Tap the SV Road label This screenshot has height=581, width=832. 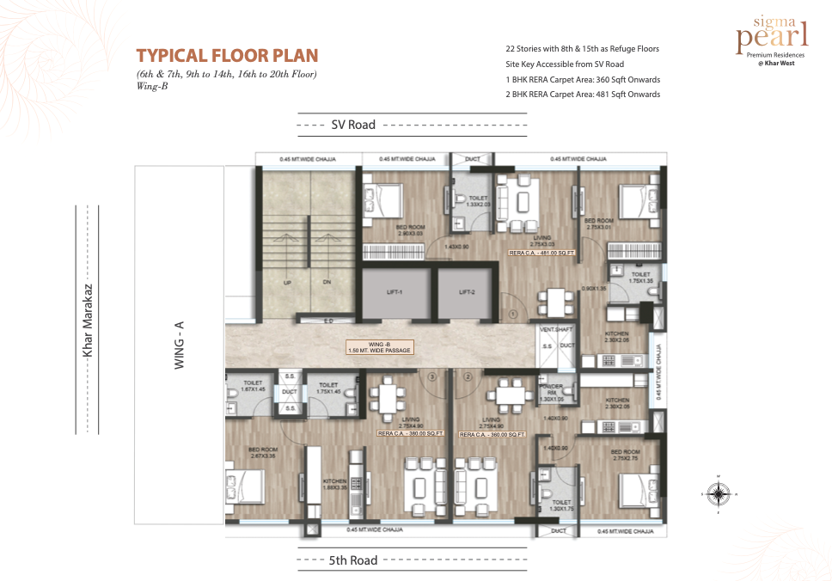[353, 125]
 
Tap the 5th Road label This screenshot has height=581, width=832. [353, 560]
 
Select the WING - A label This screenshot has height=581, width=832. [180, 345]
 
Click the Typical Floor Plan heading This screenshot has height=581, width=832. [227, 56]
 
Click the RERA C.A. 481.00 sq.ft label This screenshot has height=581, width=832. [541, 254]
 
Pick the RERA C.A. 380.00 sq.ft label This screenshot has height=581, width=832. [410, 434]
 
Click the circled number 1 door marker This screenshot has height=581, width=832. [511, 315]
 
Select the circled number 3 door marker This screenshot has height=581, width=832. [433, 376]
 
